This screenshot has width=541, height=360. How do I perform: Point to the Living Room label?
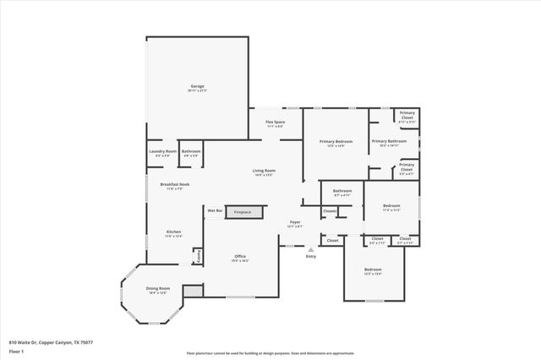click(264, 172)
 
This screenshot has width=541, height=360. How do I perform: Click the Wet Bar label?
click(215, 210)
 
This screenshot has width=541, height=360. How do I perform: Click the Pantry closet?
click(199, 255)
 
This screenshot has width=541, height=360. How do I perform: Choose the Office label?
click(240, 258)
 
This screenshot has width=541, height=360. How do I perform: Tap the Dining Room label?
click(158, 290)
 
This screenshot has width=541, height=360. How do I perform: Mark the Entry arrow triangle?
click(311, 249)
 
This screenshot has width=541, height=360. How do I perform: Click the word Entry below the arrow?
click(311, 257)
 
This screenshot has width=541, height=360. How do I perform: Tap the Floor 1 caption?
click(16, 350)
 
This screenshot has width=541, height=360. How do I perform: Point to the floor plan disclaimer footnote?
click(270, 352)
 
